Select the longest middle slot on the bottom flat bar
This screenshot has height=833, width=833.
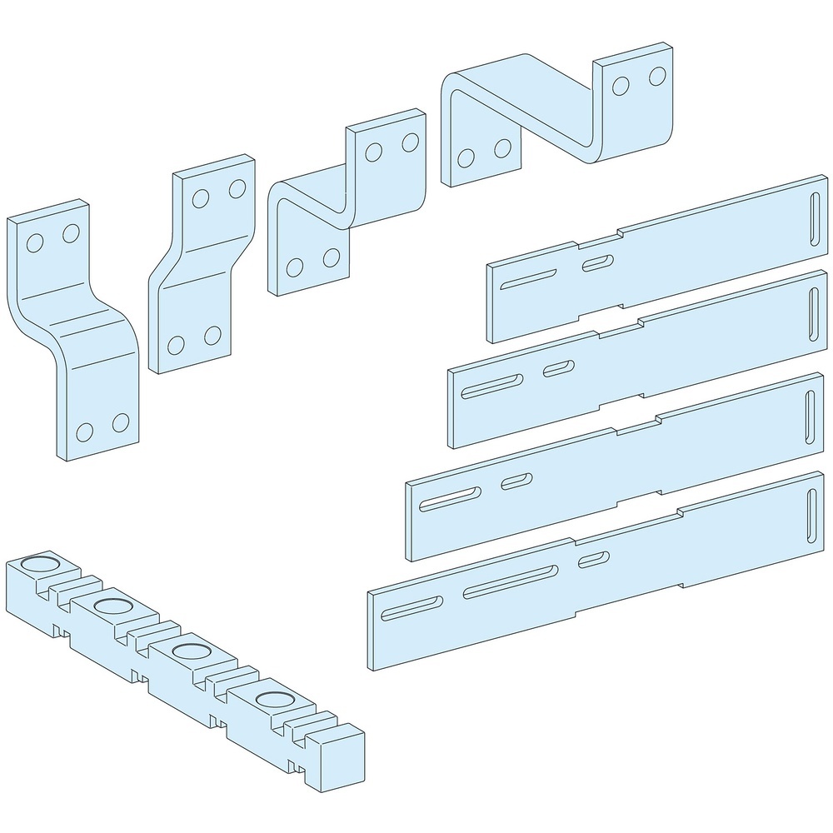click(511, 581)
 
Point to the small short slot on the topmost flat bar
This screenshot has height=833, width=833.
click(596, 264)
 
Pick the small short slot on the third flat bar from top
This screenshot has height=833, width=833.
click(517, 481)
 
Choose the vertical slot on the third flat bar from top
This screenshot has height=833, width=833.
click(810, 416)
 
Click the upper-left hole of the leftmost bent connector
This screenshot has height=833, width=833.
click(34, 242)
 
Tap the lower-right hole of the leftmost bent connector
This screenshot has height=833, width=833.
click(121, 422)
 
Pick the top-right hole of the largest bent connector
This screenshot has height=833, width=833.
click(657, 78)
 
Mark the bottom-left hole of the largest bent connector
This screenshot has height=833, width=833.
click(466, 157)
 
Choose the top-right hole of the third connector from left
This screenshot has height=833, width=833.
click(410, 142)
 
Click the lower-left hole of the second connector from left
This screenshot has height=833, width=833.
click(176, 344)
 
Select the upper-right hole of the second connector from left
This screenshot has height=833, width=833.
click(237, 188)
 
